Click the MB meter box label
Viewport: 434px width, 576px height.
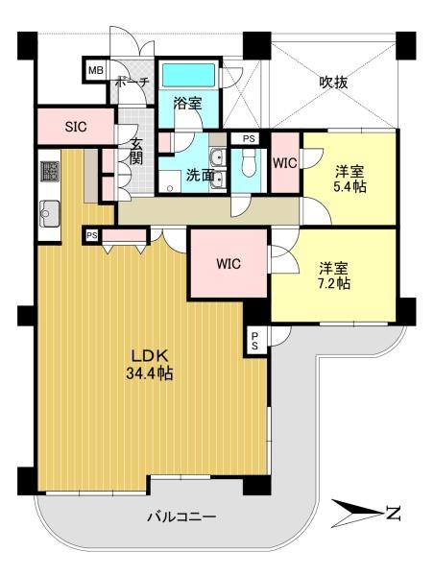[96, 70]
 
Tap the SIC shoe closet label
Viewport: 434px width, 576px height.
[76, 127]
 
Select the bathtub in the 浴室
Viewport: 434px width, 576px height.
[188, 75]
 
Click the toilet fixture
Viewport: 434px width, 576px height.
[249, 164]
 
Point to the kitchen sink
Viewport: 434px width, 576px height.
[49, 214]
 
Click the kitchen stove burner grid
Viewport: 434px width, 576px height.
[49, 171]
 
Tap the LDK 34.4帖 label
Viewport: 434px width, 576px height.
[150, 365]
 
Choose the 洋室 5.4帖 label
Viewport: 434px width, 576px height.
[350, 180]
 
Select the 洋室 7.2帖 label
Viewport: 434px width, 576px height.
[333, 276]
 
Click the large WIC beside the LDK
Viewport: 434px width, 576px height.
[229, 263]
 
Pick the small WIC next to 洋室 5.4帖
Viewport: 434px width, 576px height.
[285, 163]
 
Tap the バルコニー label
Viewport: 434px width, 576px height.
[181, 517]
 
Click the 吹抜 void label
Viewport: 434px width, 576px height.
[333, 83]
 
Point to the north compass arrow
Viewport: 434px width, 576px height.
[356, 512]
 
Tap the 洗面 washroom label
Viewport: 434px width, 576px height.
[200, 175]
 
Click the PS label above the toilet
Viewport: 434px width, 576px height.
[249, 139]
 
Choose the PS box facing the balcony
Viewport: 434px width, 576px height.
[255, 341]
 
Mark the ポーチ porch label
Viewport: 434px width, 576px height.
[132, 82]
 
